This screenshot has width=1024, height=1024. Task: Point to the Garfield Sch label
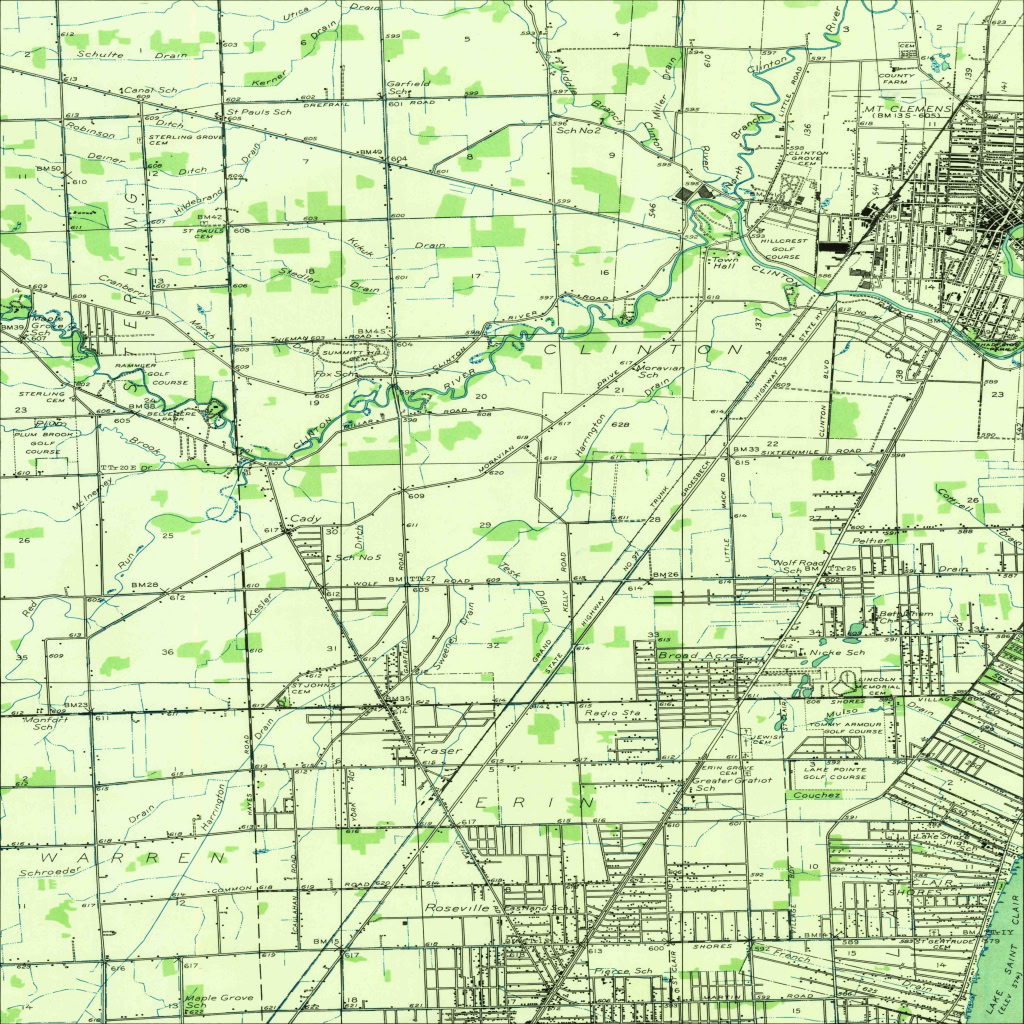pos(409,86)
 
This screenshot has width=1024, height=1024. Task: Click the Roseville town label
pos(458,908)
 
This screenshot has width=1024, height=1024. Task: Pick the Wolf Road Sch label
pos(798,567)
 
